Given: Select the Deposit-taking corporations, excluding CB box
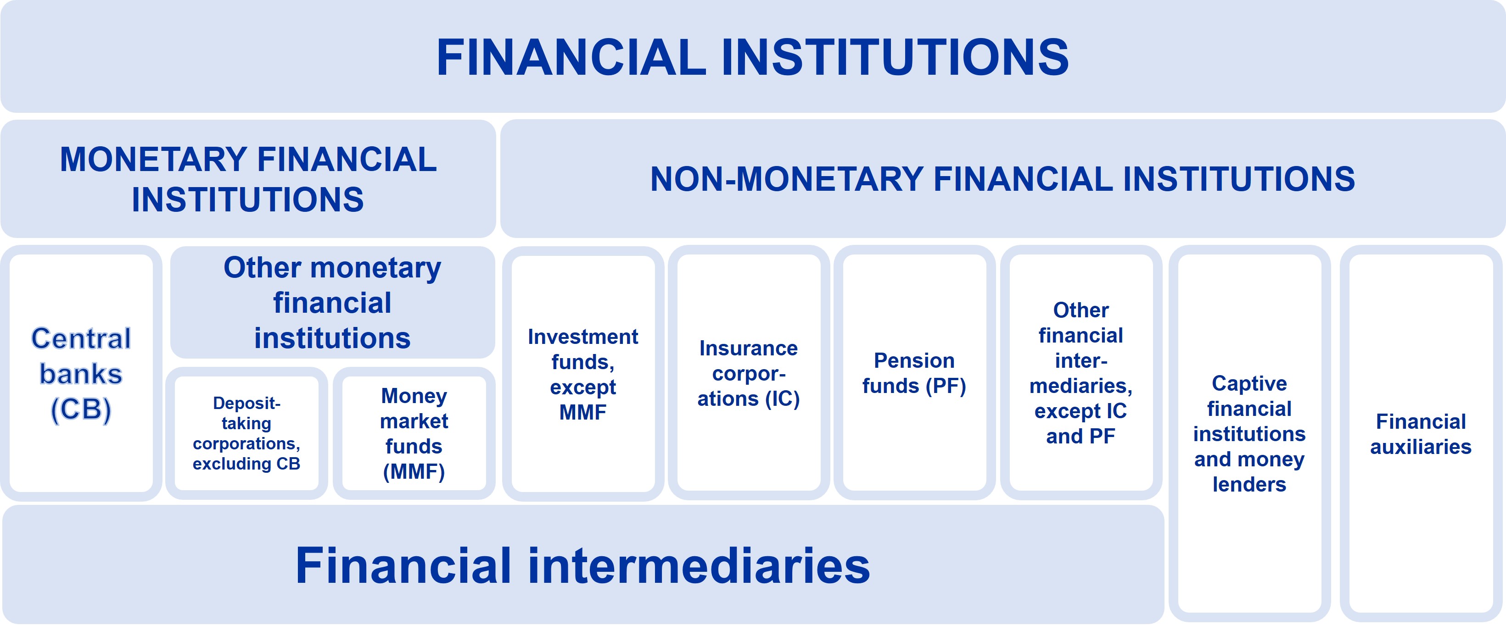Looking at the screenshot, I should click(x=246, y=433).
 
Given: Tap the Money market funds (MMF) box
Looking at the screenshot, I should click(x=414, y=433).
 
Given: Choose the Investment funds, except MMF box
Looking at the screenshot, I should click(x=583, y=374).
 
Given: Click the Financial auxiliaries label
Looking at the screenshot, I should click(x=1421, y=434).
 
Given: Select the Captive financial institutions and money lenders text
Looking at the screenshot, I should click(x=1249, y=433).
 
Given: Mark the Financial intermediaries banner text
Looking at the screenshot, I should click(x=582, y=565).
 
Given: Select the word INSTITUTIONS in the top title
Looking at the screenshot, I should click(x=895, y=57).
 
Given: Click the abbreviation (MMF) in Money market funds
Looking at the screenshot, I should click(x=414, y=471).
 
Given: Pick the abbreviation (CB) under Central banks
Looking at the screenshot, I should click(x=81, y=409).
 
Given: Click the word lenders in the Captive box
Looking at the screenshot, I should click(x=1249, y=484).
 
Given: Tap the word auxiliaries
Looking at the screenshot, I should click(x=1421, y=447).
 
